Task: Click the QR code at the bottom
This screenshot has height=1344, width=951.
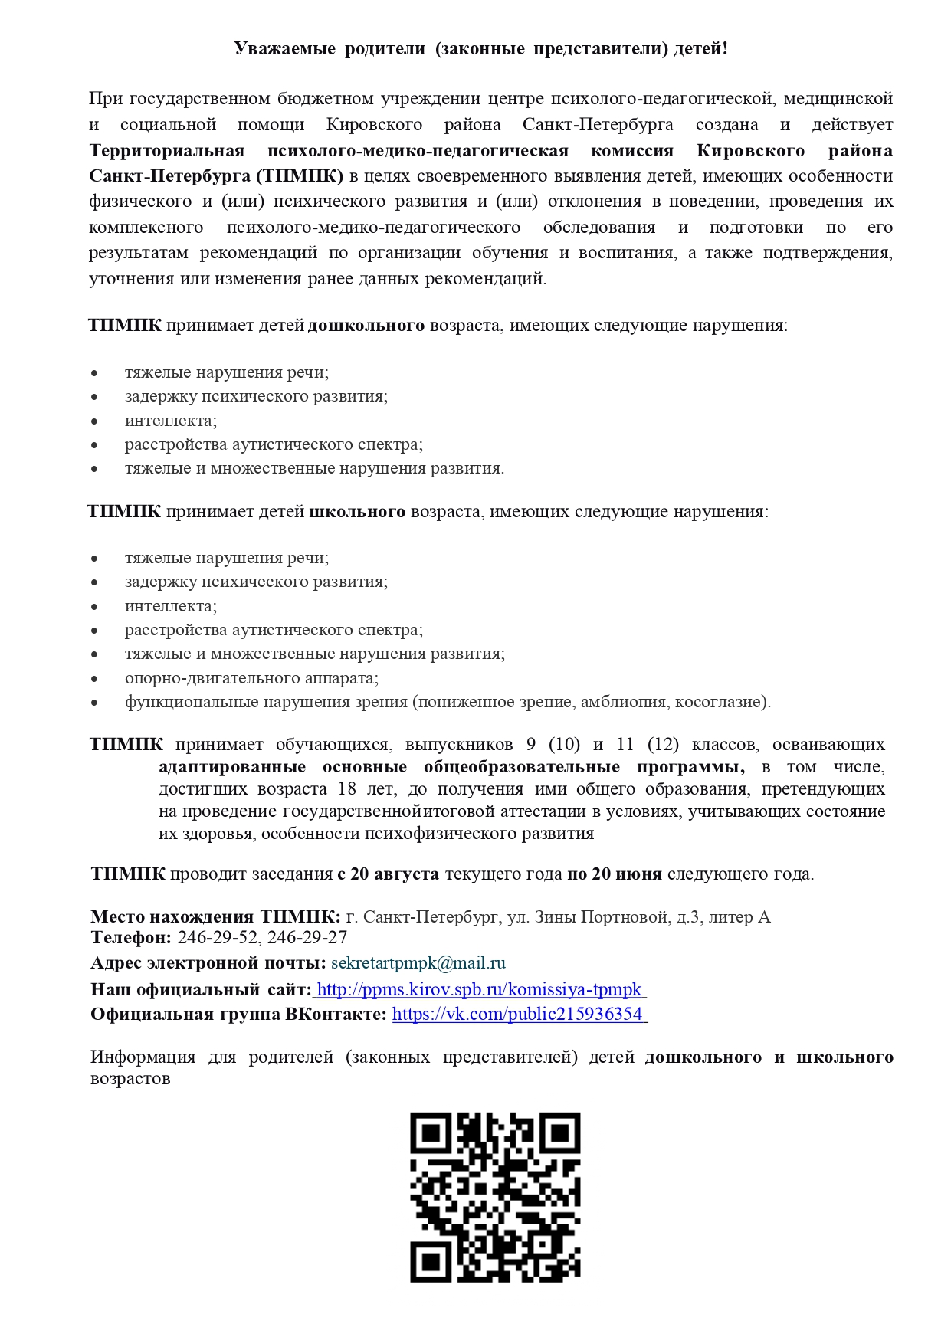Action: point(495,1197)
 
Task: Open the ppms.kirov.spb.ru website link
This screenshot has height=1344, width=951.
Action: point(480,989)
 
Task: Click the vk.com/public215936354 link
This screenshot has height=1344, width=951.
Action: point(518,1015)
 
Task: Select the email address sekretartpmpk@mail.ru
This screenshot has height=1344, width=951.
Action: point(418,963)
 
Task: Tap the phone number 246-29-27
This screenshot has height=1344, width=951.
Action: point(307,937)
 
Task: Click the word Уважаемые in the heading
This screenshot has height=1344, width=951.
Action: point(284,49)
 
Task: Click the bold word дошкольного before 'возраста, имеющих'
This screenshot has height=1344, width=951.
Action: point(366,326)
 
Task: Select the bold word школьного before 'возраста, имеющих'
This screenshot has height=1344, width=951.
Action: point(357,511)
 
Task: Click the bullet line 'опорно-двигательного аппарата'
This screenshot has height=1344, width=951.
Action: point(251,678)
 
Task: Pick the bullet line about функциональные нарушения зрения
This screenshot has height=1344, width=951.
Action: point(448,702)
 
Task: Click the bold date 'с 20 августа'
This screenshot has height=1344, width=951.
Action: point(388,874)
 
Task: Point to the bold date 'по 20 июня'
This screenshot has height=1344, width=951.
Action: point(614,874)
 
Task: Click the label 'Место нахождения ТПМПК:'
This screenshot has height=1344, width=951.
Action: point(215,917)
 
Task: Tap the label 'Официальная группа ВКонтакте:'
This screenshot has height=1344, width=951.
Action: point(238,1015)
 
